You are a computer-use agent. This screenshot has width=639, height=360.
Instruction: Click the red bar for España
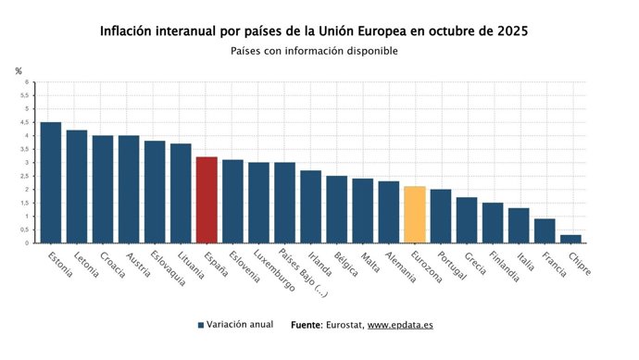207,200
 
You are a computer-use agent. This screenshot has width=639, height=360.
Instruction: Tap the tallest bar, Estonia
51,182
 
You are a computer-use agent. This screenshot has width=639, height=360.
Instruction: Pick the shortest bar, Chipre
570,239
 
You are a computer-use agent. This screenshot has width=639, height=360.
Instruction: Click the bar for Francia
545,231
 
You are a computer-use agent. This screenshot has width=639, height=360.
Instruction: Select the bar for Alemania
389,212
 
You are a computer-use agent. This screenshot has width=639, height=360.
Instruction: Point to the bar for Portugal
441,217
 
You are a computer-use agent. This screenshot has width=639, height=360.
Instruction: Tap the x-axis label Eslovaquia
169,268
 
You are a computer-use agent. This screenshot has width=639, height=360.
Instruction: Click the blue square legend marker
201,326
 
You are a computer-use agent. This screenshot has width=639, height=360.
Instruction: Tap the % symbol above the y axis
19,71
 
